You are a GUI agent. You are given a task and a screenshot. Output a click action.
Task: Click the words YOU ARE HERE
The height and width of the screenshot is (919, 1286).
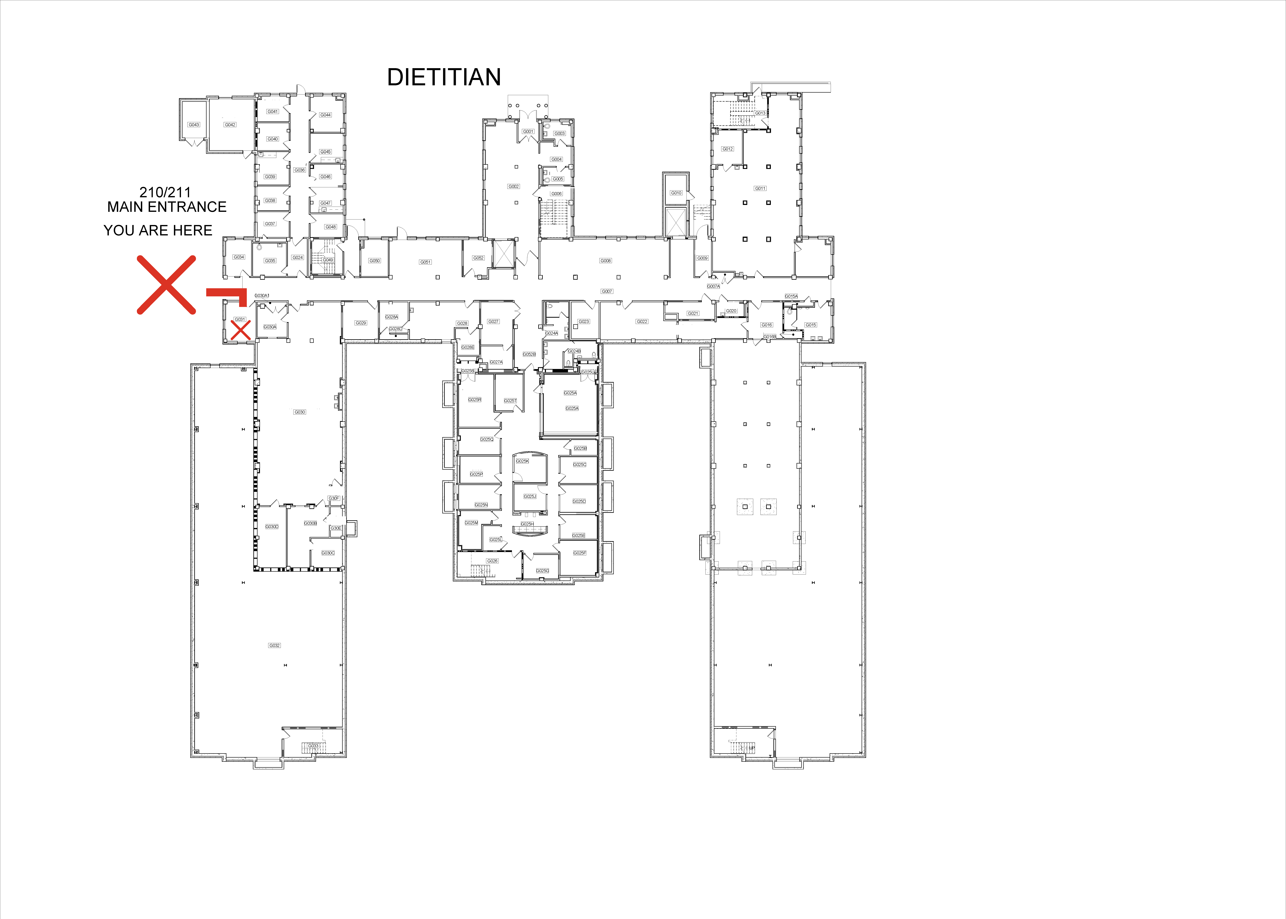[158, 230]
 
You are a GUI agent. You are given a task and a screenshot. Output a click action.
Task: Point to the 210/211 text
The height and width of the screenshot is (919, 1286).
[165, 192]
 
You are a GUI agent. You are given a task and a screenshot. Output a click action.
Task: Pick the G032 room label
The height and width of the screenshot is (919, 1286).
[274, 645]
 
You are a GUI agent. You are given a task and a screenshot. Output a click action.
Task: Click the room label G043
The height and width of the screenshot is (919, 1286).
[194, 125]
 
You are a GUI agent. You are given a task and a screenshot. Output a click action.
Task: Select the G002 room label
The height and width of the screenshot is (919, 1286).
[513, 186]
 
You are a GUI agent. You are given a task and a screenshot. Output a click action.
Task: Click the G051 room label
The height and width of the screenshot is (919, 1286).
[425, 262]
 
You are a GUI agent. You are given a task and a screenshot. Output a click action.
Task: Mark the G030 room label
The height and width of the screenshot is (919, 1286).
[300, 412]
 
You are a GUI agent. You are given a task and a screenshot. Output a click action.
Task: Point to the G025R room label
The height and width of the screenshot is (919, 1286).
[474, 399]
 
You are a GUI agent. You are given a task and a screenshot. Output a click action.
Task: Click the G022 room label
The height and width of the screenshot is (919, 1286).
[642, 321]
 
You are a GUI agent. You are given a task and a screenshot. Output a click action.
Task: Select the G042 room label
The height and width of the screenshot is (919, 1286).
[230, 125]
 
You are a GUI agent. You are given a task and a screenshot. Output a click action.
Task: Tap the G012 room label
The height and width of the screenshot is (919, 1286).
[727, 149]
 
